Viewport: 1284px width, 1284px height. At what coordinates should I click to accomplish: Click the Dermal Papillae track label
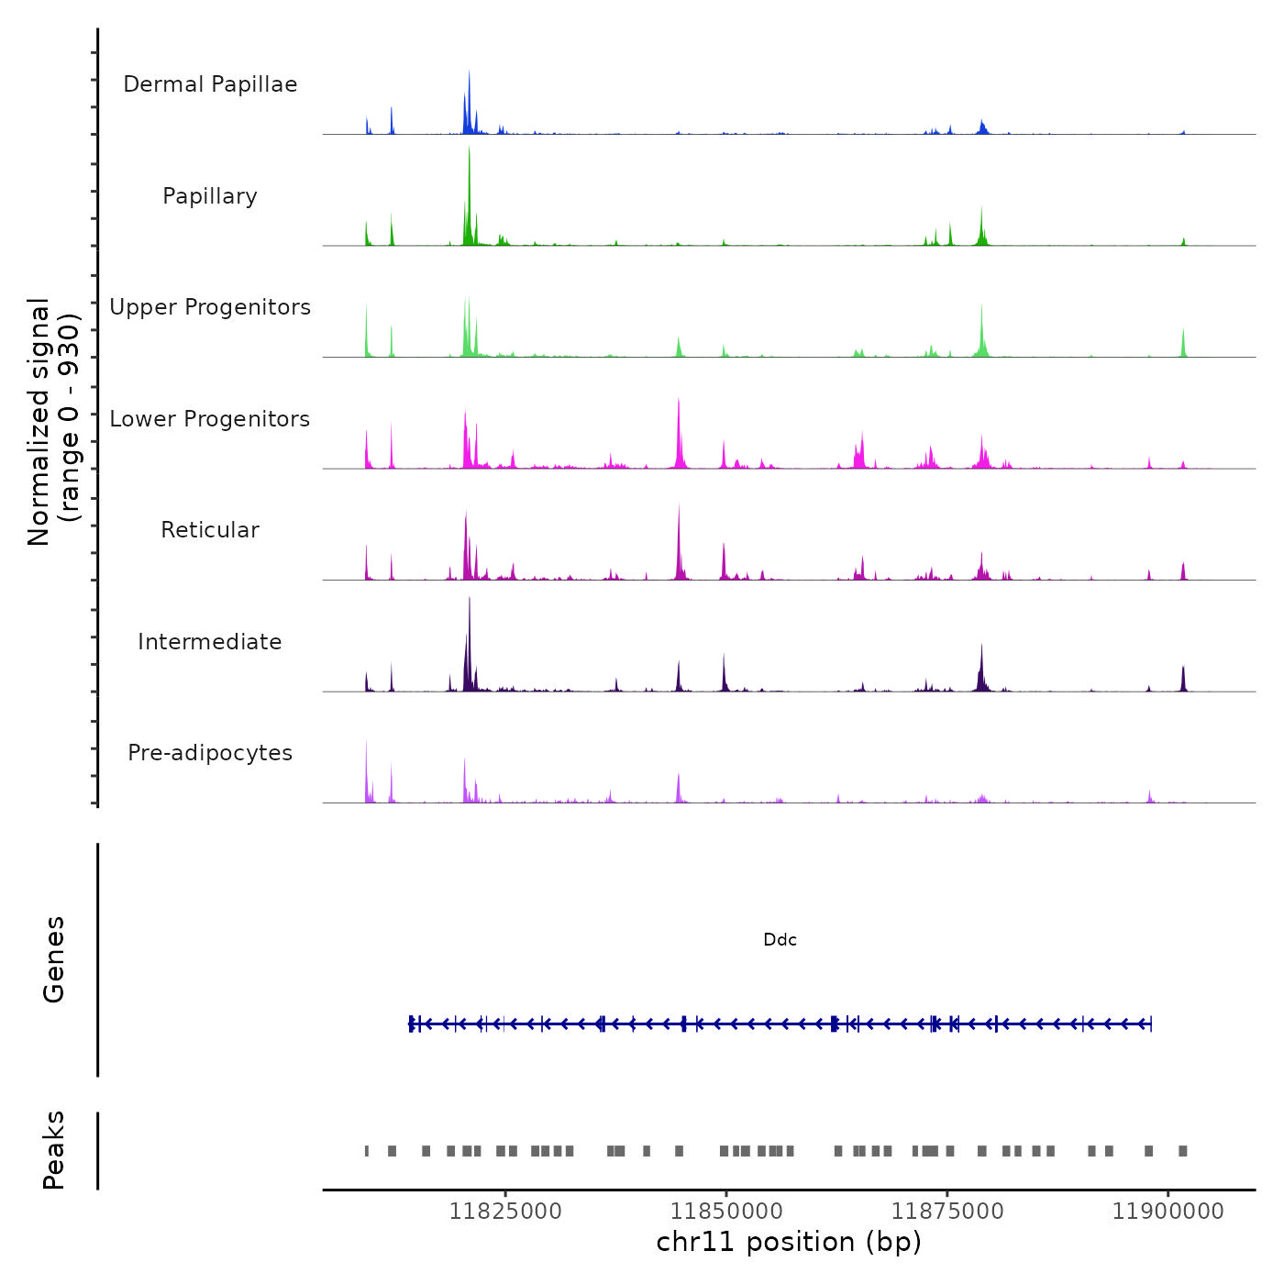[x=210, y=84]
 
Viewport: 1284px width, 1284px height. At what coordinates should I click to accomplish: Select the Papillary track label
[x=210, y=196]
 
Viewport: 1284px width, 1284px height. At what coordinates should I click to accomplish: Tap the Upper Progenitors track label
[x=210, y=307]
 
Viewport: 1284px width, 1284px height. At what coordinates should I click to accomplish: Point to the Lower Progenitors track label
[x=210, y=419]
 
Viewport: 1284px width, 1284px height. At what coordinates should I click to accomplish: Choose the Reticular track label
[x=210, y=530]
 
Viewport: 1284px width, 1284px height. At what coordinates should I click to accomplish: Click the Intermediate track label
[x=210, y=642]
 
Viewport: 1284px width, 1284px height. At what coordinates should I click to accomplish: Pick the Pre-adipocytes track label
[x=210, y=753]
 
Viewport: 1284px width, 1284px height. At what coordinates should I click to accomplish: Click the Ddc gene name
[x=780, y=940]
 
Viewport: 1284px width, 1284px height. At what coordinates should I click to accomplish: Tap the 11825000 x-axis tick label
[x=504, y=1212]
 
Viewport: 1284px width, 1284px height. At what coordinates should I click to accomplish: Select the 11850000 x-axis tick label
[x=726, y=1212]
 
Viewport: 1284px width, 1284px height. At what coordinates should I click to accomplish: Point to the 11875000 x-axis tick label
[x=947, y=1212]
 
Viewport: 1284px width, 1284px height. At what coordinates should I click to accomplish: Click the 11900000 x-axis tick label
[x=1168, y=1212]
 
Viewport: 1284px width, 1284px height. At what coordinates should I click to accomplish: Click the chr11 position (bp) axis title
[x=789, y=1243]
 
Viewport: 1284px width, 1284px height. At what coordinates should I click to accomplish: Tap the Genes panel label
[x=53, y=959]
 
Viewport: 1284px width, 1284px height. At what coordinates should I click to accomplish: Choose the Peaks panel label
[x=53, y=1150]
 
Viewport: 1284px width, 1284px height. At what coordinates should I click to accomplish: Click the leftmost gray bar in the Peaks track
[x=367, y=1151]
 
